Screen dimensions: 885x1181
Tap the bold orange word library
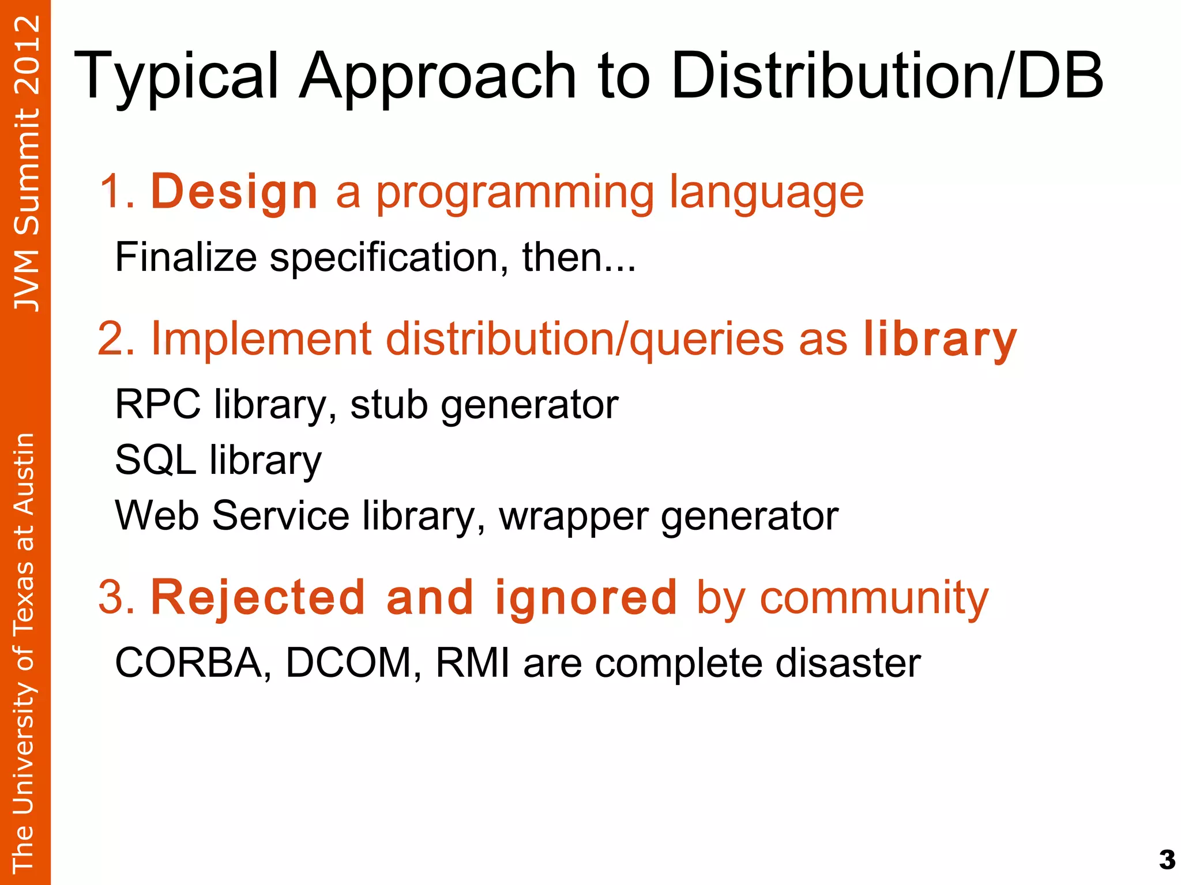point(940,340)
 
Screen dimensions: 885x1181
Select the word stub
point(389,405)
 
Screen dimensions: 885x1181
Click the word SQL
point(155,460)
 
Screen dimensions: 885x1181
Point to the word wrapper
point(573,517)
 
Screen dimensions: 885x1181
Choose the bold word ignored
point(585,598)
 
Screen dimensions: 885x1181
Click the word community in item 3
point(874,598)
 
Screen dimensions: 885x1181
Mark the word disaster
point(848,663)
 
